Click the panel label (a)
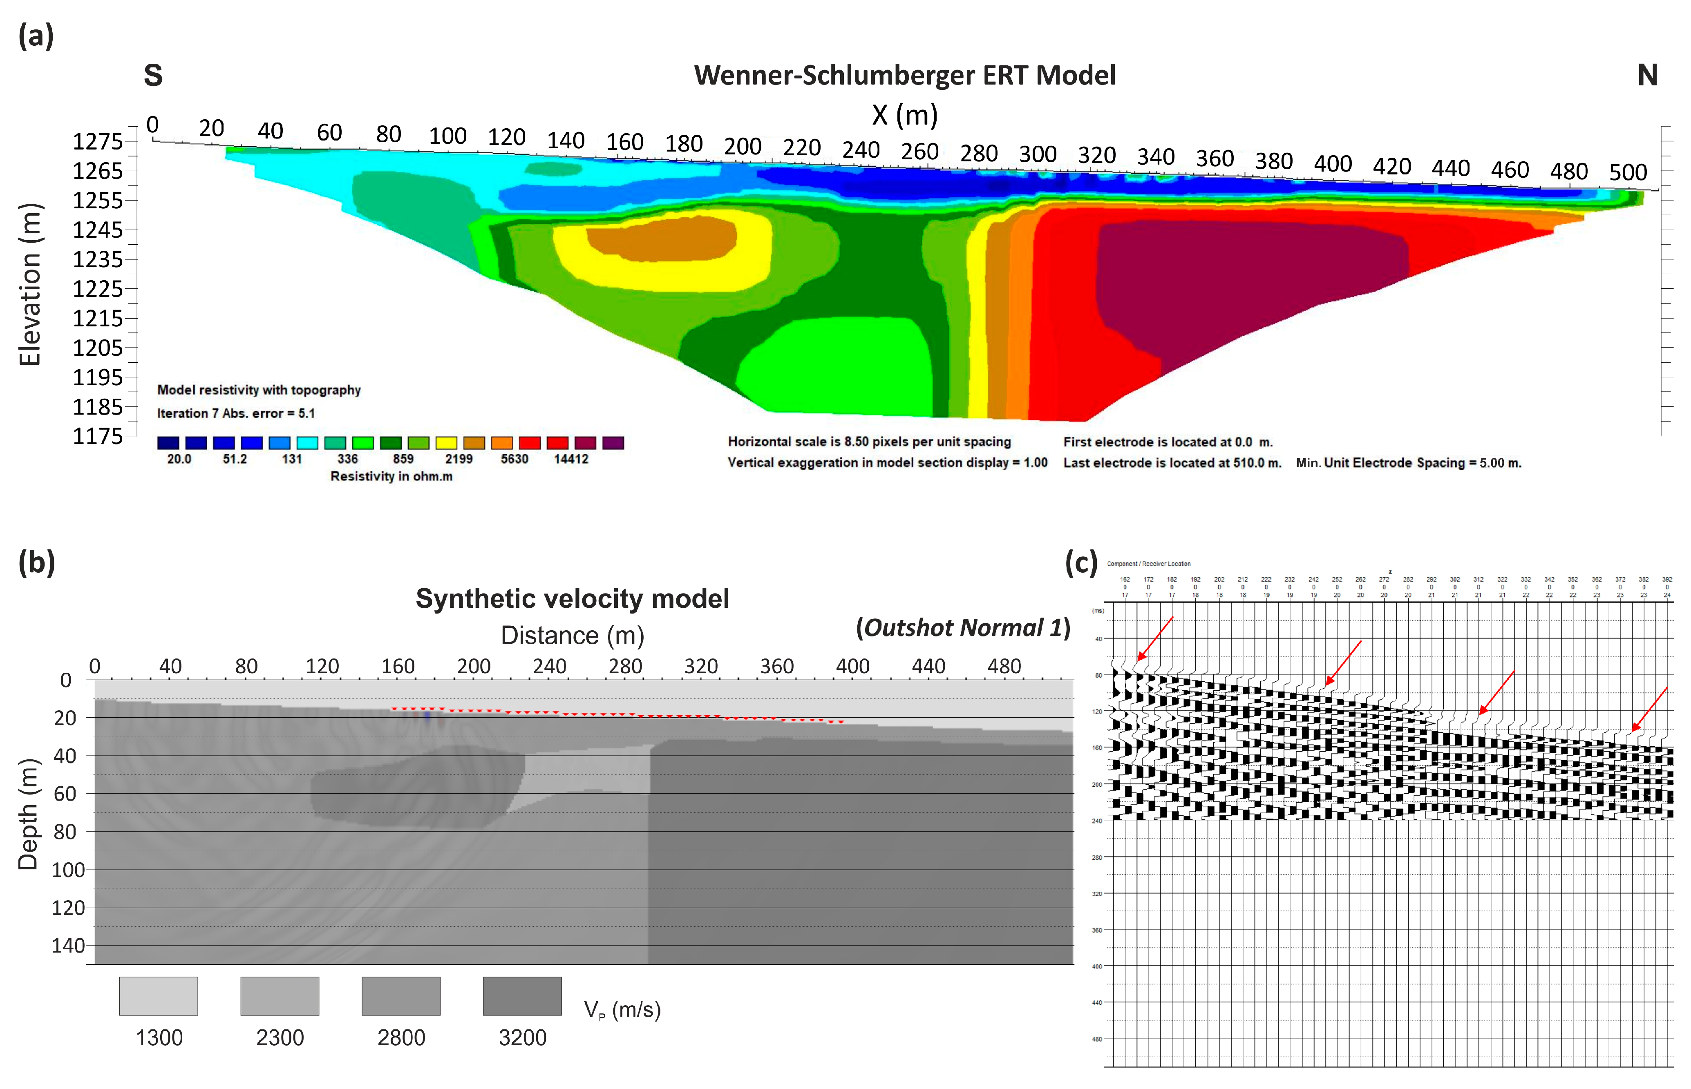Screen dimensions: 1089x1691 pos(36,36)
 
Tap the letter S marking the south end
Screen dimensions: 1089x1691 pos(154,76)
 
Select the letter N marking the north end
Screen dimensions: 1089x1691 pos(1647,76)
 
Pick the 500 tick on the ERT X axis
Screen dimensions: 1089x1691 pos(1628,172)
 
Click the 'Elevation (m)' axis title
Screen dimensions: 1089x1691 pos(30,284)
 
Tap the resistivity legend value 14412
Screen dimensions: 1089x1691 pos(571,459)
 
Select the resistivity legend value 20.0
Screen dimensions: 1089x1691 pos(179,459)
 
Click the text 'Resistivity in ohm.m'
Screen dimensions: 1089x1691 pos(391,477)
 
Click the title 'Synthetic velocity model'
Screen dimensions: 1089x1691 pos(572,599)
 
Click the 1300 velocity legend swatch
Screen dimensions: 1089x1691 pos(159,995)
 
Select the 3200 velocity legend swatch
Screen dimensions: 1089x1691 pos(522,995)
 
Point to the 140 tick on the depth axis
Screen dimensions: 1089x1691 pos(69,946)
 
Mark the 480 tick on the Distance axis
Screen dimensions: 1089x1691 pos(1004,666)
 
